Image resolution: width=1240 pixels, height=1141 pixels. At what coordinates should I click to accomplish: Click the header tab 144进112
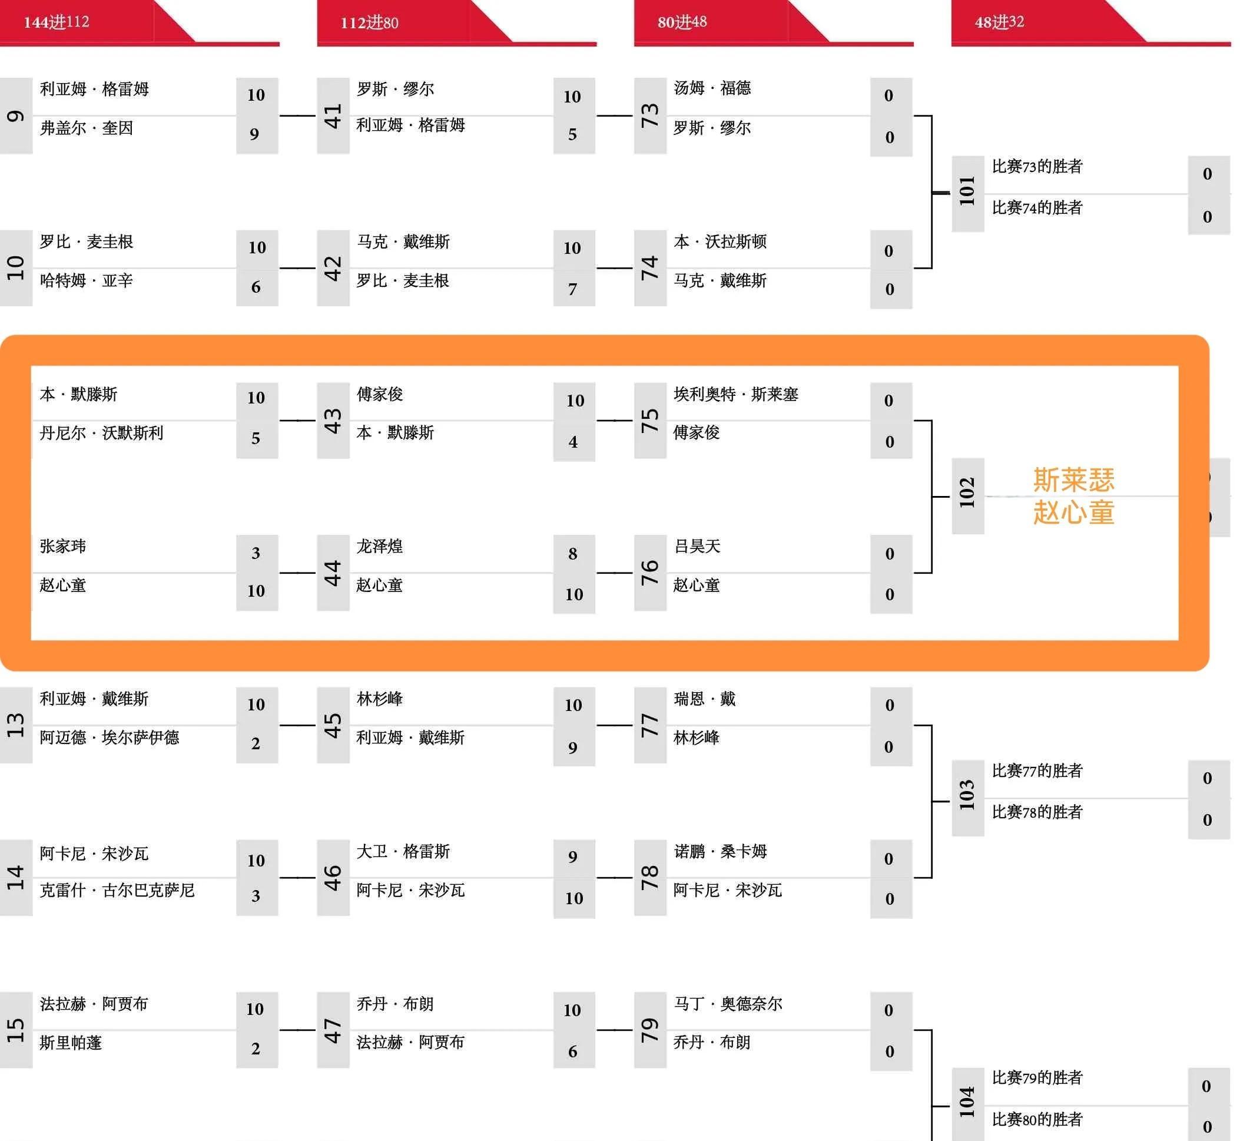[x=57, y=22]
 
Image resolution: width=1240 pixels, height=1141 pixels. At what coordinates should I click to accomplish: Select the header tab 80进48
[x=682, y=22]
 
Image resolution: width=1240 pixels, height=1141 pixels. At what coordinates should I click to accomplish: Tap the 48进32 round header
[x=999, y=22]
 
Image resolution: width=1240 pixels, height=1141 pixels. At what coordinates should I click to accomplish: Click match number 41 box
[x=333, y=116]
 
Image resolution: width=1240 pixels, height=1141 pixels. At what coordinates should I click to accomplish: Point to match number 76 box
[x=650, y=573]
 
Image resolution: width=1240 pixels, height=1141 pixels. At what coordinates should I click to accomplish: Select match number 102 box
[x=967, y=496]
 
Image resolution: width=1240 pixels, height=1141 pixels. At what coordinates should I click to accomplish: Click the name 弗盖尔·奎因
[x=87, y=128]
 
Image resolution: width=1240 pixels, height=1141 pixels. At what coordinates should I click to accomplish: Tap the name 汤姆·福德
[x=712, y=88]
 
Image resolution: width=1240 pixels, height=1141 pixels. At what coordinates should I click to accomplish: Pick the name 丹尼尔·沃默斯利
[x=101, y=433]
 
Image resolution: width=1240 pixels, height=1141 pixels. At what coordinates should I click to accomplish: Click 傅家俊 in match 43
[x=380, y=394]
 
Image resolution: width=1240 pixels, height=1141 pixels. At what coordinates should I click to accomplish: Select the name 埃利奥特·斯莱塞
[x=736, y=394]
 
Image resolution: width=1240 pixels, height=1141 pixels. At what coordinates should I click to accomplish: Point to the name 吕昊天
[x=697, y=547]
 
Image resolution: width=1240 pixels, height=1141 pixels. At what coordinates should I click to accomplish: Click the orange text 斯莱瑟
[x=1073, y=480]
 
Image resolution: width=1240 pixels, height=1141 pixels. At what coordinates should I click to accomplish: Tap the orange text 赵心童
[x=1073, y=512]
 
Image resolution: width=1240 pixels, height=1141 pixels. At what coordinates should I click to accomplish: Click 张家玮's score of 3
[x=256, y=553]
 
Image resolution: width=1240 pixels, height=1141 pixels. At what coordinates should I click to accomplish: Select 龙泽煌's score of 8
[x=573, y=554]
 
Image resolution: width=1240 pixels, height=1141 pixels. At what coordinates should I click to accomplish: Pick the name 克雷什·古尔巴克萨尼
[x=117, y=890]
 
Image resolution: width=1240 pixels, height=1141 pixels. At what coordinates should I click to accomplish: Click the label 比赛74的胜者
[x=1037, y=208]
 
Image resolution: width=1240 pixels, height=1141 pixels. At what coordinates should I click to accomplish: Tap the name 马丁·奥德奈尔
[x=728, y=1004]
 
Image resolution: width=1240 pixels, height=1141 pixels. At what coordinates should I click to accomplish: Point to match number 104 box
[x=967, y=1102]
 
